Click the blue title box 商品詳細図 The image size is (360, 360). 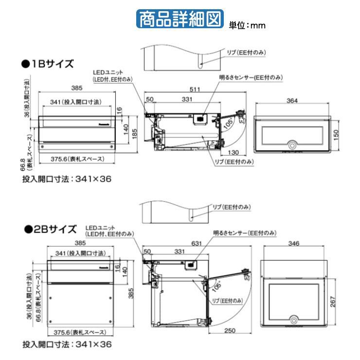click(180, 18)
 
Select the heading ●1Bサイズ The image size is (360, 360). click(47, 63)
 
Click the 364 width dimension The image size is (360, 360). click(292, 101)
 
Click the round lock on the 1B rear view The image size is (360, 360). click(292, 145)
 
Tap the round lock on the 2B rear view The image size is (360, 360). click(295, 321)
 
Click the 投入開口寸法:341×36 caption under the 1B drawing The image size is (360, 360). click(67, 179)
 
